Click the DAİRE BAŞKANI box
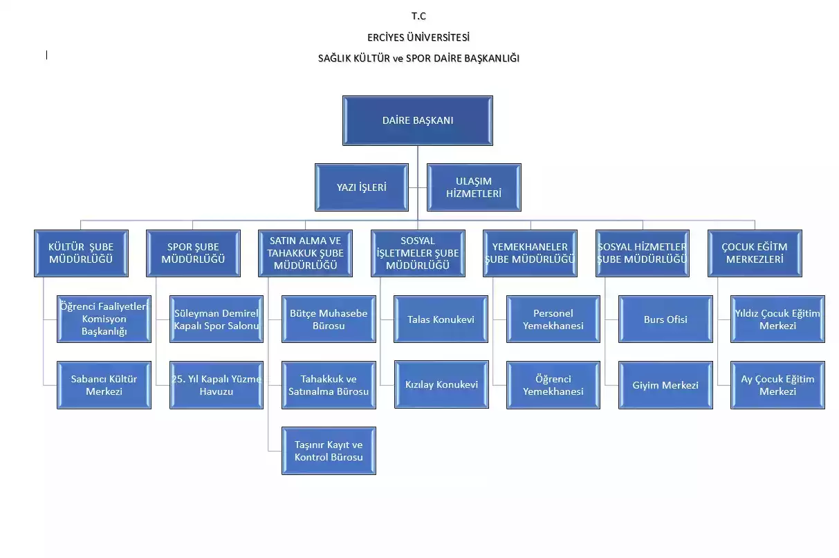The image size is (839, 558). pyautogui.click(x=418, y=120)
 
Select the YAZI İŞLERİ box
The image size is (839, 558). pyautogui.click(x=362, y=187)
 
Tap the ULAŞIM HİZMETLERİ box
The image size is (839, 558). pyautogui.click(x=474, y=187)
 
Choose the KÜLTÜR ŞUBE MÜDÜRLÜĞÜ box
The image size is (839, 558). pyautogui.click(x=81, y=254)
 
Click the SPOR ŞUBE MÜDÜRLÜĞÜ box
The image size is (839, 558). pyautogui.click(x=193, y=254)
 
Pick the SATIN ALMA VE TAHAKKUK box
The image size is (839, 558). pyautogui.click(x=305, y=254)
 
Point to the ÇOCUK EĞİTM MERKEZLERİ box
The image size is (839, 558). pyautogui.click(x=755, y=254)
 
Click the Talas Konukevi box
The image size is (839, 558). pyautogui.click(x=441, y=319)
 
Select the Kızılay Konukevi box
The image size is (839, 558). pyautogui.click(x=441, y=384)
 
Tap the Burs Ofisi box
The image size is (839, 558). pyautogui.click(x=665, y=319)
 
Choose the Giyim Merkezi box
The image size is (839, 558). pyautogui.click(x=665, y=385)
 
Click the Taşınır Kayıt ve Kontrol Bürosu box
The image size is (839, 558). pyautogui.click(x=329, y=451)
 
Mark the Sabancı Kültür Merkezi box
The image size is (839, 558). pyautogui.click(x=104, y=385)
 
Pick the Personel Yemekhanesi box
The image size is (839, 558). pyautogui.click(x=553, y=319)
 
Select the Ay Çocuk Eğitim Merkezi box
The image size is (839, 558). pyautogui.click(x=777, y=385)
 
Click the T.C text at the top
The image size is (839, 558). pyautogui.click(x=418, y=16)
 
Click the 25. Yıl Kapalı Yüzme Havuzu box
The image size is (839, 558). pyautogui.click(x=216, y=385)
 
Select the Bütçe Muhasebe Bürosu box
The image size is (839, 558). pyautogui.click(x=329, y=319)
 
